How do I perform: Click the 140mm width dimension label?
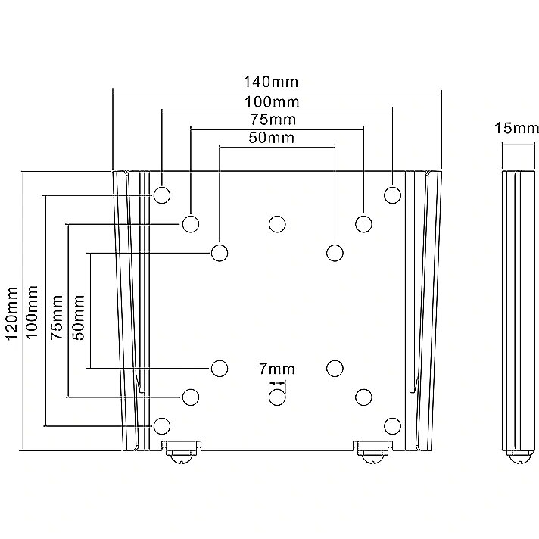tap(271, 82)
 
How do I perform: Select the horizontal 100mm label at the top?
tap(272, 102)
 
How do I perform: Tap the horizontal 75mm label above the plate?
tap(273, 120)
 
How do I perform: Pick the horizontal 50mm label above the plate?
tap(272, 138)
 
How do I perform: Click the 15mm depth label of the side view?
tap(516, 128)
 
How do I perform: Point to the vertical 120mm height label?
tap(12, 313)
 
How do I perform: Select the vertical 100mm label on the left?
tap(32, 312)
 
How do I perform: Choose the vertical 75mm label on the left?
tap(57, 317)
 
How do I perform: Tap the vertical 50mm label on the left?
tap(79, 317)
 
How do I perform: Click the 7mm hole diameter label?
tap(277, 369)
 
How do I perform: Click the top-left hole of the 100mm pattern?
tap(161, 195)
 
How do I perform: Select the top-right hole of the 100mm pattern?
tap(392, 195)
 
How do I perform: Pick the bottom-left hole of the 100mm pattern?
tap(161, 426)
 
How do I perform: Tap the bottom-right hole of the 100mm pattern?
tap(392, 426)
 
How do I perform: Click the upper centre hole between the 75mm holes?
tap(277, 224)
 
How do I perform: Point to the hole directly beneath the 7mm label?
tap(277, 397)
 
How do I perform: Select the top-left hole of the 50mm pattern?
tap(220, 253)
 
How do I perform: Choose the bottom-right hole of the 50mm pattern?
tap(335, 369)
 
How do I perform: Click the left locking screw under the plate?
tap(181, 453)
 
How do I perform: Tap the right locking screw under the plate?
tap(373, 453)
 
